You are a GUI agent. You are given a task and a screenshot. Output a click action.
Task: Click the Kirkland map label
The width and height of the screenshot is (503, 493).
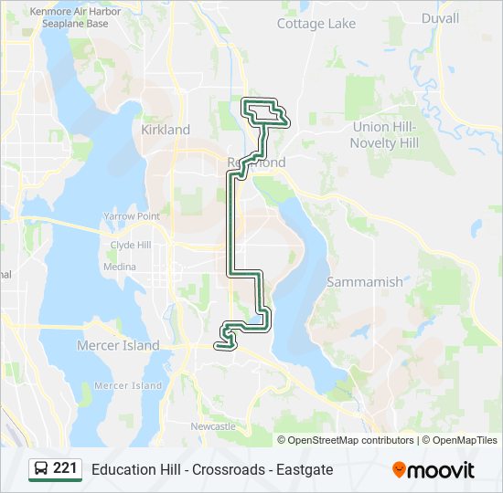coord(166,130)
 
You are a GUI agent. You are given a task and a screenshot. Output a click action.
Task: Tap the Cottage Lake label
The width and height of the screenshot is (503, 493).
coord(316,23)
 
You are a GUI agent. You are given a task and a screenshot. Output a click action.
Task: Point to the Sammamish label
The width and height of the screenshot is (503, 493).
coord(364,282)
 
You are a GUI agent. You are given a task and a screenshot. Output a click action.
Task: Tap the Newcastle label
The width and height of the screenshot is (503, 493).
coord(213,426)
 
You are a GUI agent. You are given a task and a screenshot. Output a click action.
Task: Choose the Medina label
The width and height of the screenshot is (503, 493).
coord(120,267)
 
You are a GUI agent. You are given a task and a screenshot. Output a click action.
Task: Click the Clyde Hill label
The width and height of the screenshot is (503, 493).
coord(131,246)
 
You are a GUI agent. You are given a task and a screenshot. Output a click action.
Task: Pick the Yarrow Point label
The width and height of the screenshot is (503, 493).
coord(132,216)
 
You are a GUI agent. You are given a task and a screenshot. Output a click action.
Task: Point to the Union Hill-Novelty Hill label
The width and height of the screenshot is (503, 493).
coord(384,135)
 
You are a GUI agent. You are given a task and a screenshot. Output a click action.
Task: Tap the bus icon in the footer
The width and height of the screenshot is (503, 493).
coord(41,469)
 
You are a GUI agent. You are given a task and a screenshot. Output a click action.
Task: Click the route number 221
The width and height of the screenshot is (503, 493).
coord(65,469)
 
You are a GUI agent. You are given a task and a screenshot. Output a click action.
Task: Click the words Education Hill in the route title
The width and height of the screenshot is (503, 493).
coord(134,470)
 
